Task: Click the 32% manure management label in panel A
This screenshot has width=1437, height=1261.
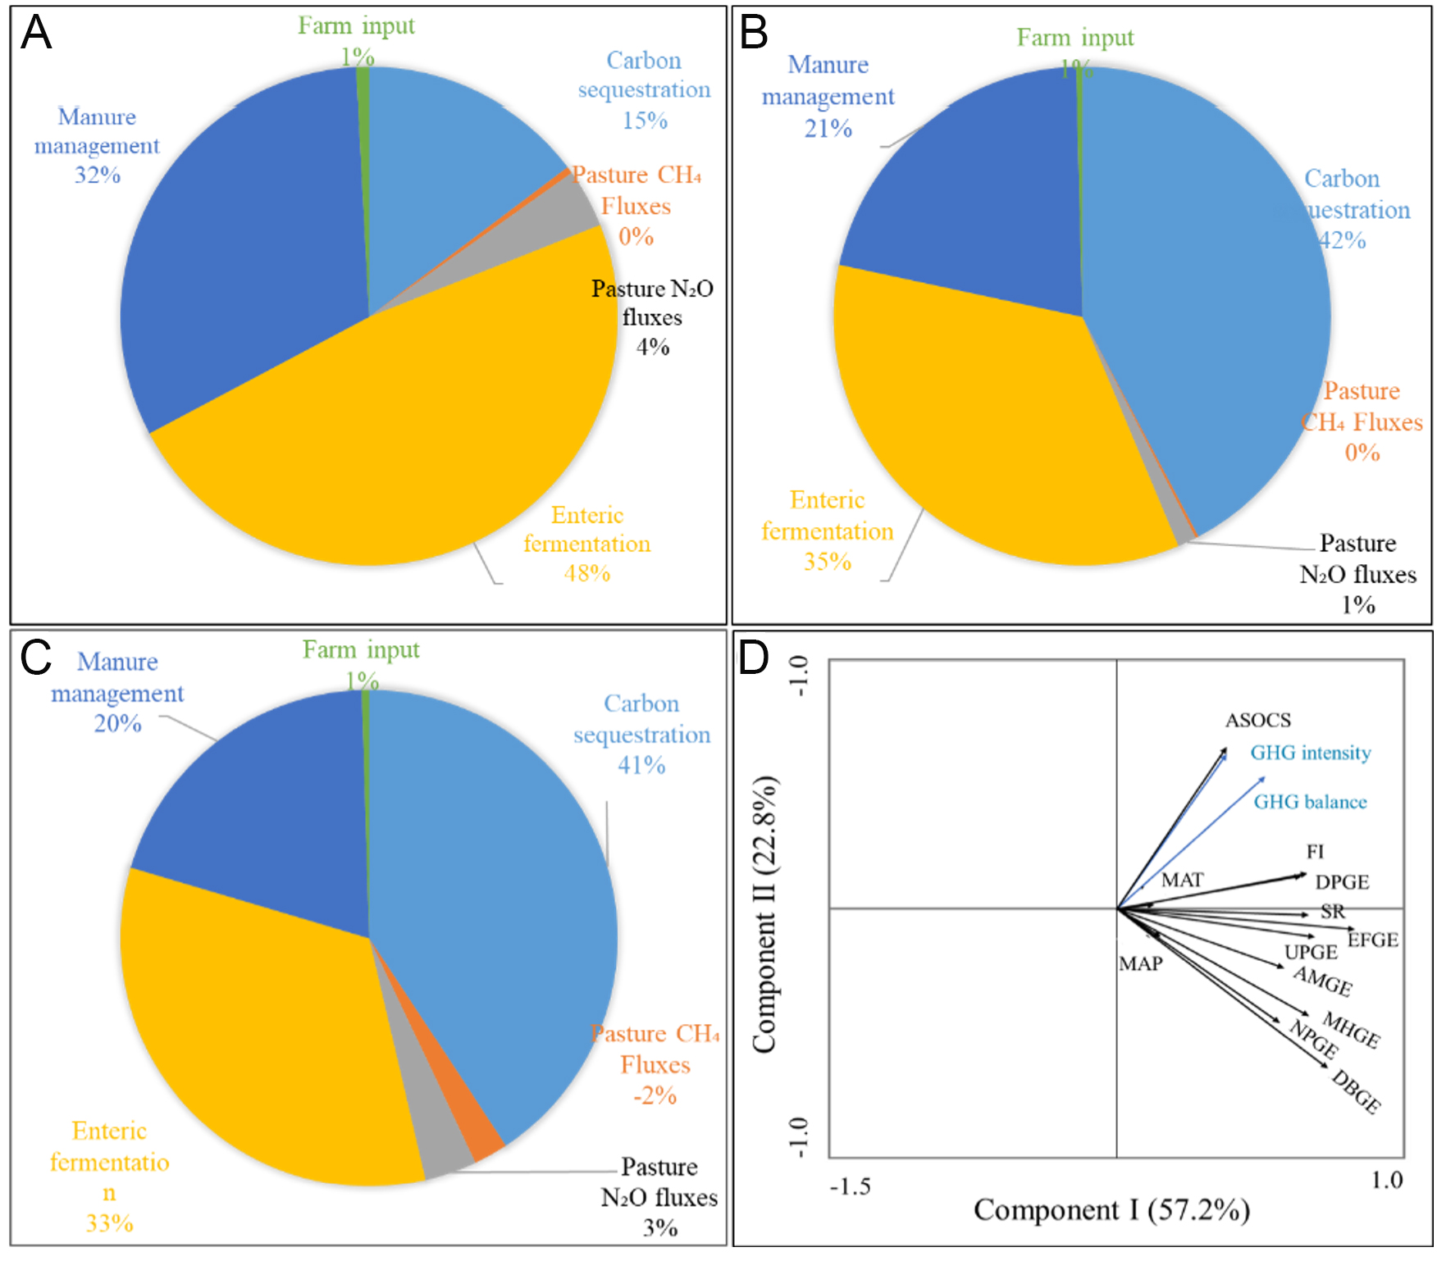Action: (x=97, y=146)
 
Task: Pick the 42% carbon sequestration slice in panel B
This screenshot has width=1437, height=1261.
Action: (x=1214, y=287)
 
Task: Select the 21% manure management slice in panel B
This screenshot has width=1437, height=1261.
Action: (x=984, y=205)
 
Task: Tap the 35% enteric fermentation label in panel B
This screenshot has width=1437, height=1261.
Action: (x=827, y=531)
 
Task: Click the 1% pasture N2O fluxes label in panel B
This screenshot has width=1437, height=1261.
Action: (x=1358, y=574)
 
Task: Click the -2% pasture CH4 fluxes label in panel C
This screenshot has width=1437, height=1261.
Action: (x=655, y=1064)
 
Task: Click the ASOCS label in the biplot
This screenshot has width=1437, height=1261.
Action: (x=1258, y=720)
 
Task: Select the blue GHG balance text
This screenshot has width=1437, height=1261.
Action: (x=1310, y=802)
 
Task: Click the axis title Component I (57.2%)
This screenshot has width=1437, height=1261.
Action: (x=1111, y=1210)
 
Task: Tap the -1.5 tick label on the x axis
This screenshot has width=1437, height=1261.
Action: (x=850, y=1186)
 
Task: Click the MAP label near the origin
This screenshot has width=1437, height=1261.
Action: (x=1141, y=963)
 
